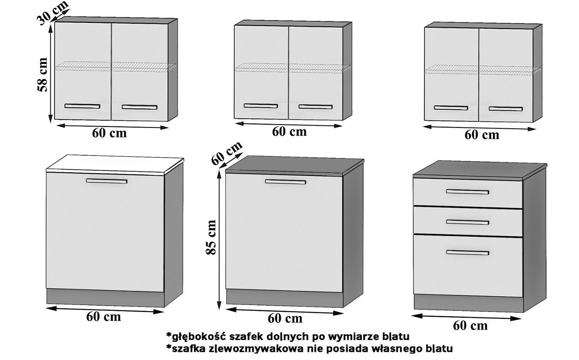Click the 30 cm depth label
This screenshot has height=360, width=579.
(x=53, y=13)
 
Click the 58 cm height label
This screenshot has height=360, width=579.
(x=43, y=75)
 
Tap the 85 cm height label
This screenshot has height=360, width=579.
(x=211, y=237)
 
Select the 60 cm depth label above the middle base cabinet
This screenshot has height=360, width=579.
(x=227, y=153)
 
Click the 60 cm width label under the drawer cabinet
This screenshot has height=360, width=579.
(x=470, y=325)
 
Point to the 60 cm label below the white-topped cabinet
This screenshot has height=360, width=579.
(x=103, y=317)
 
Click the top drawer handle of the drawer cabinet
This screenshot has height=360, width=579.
(x=467, y=192)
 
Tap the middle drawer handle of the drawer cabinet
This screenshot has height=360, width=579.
(x=467, y=222)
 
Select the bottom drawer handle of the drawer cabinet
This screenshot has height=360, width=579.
(x=467, y=252)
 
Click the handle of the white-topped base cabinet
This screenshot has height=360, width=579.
(x=106, y=181)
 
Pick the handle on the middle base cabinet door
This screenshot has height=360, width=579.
(x=285, y=182)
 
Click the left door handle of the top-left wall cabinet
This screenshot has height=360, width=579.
(x=82, y=106)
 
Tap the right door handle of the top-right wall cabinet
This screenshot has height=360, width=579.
(x=506, y=109)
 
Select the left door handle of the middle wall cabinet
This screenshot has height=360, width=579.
(x=261, y=106)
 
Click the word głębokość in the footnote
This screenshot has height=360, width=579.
(x=197, y=336)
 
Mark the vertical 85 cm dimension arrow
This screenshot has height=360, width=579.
(x=219, y=239)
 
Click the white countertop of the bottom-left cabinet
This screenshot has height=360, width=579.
(x=115, y=164)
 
